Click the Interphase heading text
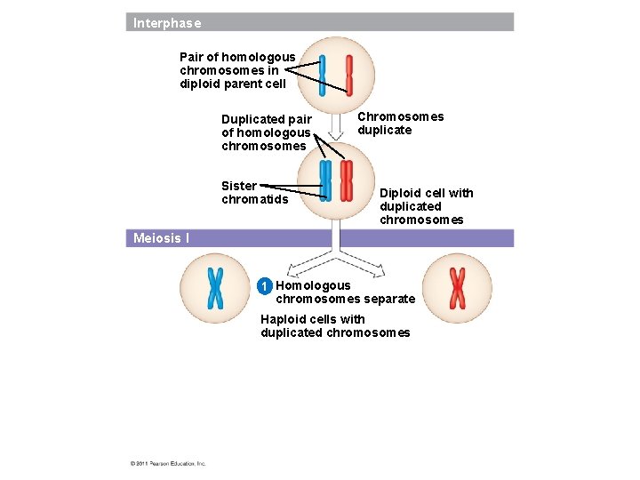tap(167, 23)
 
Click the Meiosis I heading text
tap(161, 238)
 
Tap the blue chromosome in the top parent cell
tap(323, 75)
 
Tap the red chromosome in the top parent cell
tap(349, 75)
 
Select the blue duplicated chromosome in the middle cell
tap(325, 180)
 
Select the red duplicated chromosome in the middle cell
tap(347, 180)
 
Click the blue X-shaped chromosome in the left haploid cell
tap(215, 287)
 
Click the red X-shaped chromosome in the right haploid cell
tap(457, 287)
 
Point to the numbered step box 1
tap(263, 286)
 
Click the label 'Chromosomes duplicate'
tap(400, 124)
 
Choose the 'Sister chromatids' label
tap(254, 192)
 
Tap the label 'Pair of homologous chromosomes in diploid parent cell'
tap(237, 70)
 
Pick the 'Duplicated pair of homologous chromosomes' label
tap(267, 132)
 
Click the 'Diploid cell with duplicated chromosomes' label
tap(426, 206)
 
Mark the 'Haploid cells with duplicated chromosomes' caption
tap(335, 326)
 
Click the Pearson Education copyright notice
tap(168, 463)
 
